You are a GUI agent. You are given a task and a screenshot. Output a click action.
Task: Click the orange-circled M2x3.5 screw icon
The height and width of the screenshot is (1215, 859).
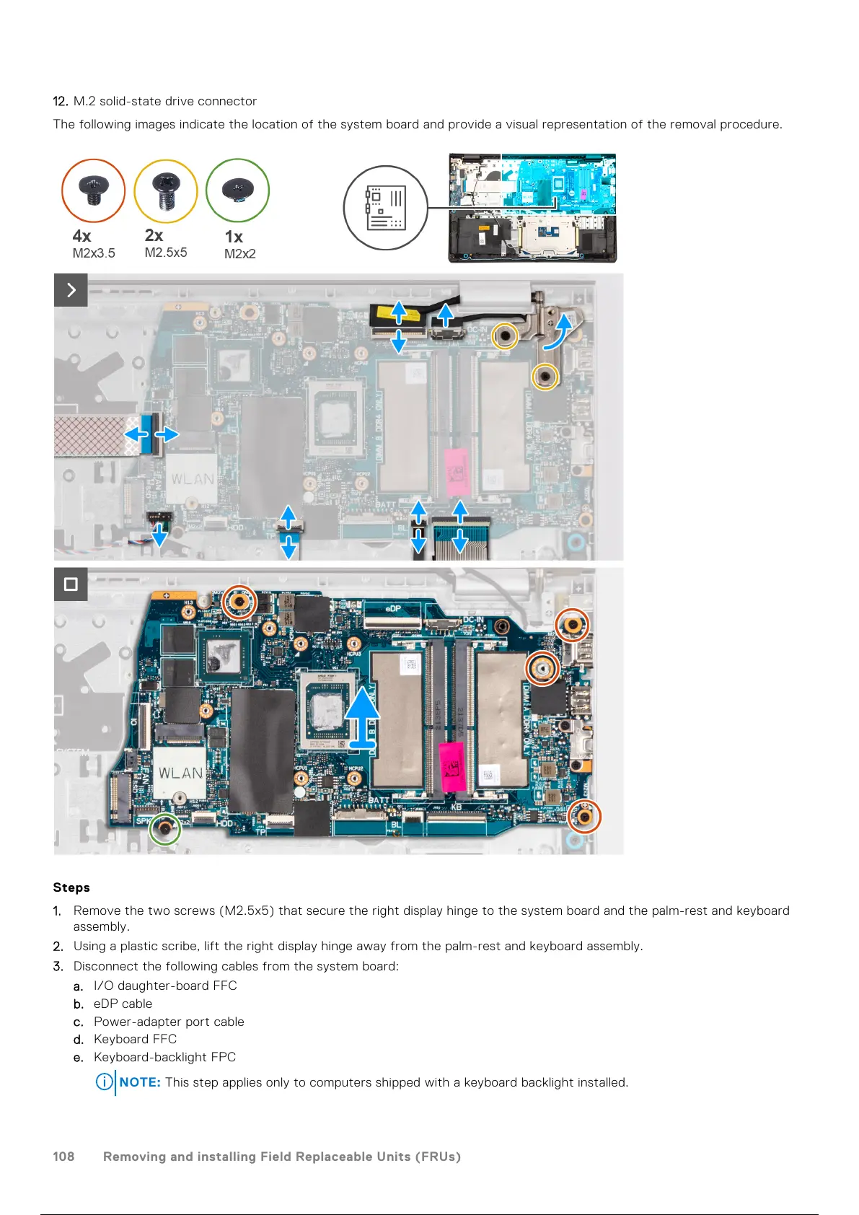pos(94,190)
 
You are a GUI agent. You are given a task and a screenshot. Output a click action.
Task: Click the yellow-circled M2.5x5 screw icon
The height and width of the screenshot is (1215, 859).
pos(166,190)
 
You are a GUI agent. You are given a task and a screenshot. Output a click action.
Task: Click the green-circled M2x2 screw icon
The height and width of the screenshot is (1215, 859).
pos(237,190)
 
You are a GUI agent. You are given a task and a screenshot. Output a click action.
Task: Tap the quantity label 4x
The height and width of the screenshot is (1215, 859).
pos(82,236)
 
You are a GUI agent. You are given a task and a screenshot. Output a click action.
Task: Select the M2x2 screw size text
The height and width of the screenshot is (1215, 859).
pos(239,254)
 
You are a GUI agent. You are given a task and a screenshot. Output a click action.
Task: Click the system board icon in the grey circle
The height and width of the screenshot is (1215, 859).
pos(385,208)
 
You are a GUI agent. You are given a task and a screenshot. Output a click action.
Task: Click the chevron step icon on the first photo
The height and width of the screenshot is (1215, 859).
pos(71,290)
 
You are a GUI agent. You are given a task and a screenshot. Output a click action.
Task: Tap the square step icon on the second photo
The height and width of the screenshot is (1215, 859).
pos(71,584)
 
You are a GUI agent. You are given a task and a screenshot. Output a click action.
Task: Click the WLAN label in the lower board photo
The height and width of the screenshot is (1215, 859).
pos(180,773)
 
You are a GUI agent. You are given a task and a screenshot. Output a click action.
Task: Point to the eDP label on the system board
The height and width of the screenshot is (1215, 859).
pos(393,608)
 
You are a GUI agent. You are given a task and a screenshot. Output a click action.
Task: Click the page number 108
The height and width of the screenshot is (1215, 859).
pos(63,1157)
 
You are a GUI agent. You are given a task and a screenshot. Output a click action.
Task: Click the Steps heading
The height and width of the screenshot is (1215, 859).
pos(71,887)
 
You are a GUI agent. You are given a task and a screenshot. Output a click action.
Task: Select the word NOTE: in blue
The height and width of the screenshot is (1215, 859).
pos(140,1082)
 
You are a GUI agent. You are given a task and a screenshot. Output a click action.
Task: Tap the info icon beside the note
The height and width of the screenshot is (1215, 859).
pos(105,1082)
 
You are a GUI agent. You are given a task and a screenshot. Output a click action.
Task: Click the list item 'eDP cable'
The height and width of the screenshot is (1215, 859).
pos(123,1004)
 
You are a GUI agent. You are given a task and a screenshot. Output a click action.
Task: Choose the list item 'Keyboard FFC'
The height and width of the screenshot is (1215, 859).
pos(135,1039)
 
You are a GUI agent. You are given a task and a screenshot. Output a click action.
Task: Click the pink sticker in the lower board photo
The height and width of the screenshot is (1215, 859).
pos(451,768)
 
